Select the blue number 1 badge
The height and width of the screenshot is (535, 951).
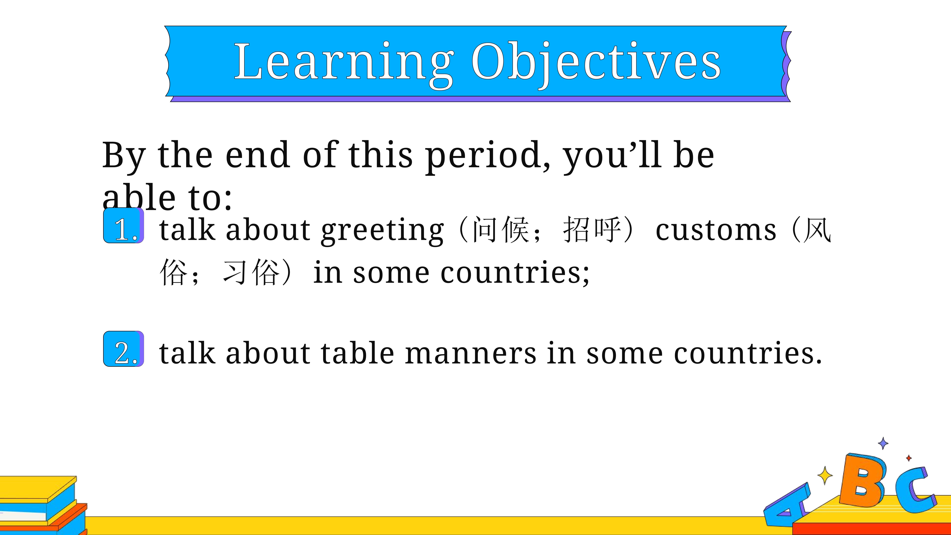tap(123, 226)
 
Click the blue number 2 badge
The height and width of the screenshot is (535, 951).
tap(123, 349)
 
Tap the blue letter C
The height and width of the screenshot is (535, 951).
tap(916, 491)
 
